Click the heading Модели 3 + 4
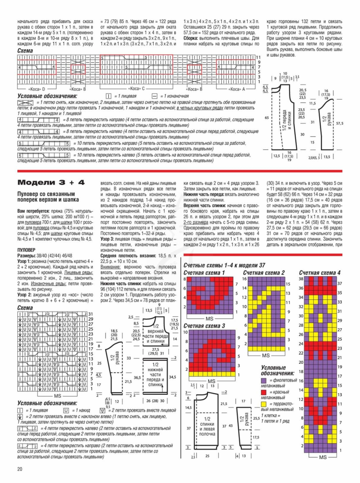(x=51, y=183)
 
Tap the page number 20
(x=20, y=469)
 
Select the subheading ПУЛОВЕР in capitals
(x=26, y=250)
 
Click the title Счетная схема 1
(x=204, y=273)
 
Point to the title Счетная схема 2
(x=264, y=273)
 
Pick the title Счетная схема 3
(x=204, y=326)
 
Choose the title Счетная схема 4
(x=320, y=273)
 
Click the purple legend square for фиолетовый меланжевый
(x=263, y=381)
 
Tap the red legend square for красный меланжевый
(x=263, y=392)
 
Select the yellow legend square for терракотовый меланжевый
(x=263, y=404)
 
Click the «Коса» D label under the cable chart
(x=36, y=89)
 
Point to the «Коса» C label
(x=136, y=89)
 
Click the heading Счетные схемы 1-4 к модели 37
(x=224, y=265)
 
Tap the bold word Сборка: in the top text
(x=192, y=38)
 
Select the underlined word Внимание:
(x=110, y=267)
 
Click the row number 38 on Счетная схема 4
(x=301, y=279)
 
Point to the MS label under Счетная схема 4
(x=323, y=457)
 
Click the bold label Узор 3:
(x=107, y=239)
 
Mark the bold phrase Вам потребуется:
(x=34, y=211)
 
